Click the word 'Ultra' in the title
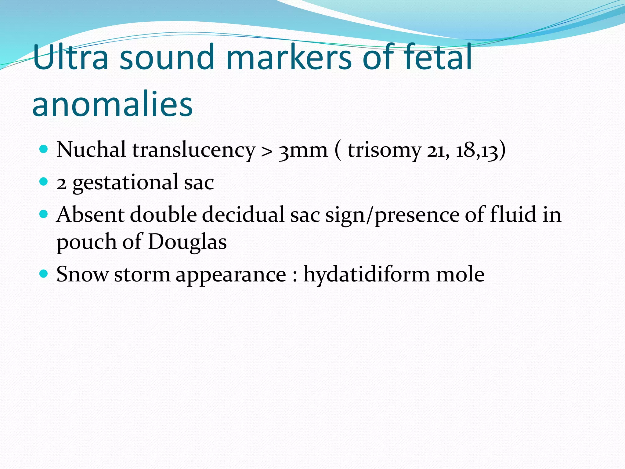coord(70,57)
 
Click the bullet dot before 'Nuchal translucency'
coord(44,149)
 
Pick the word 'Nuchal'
coord(91,150)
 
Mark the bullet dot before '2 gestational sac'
coord(44,182)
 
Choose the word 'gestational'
coord(125,183)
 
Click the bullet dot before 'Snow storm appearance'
coord(44,273)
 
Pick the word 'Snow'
coord(82,274)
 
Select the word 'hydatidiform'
coord(366,274)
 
